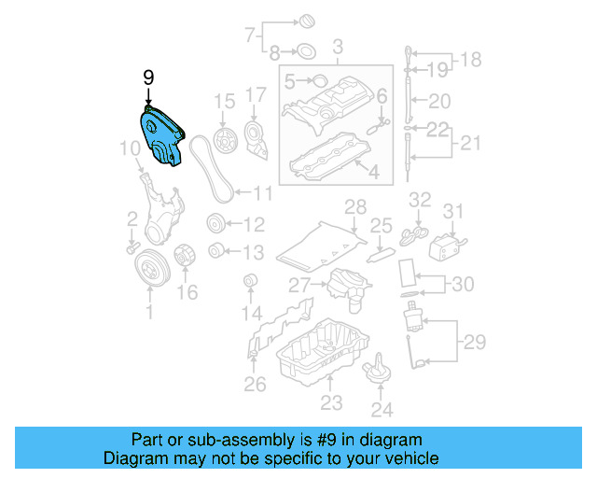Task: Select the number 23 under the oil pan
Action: point(331,403)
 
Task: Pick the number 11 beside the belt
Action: point(262,194)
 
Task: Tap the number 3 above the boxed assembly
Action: point(337,47)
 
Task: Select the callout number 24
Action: point(382,408)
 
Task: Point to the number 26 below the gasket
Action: point(255,383)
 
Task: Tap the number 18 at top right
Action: point(471,60)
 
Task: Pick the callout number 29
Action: point(475,343)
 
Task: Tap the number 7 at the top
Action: point(249,36)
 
